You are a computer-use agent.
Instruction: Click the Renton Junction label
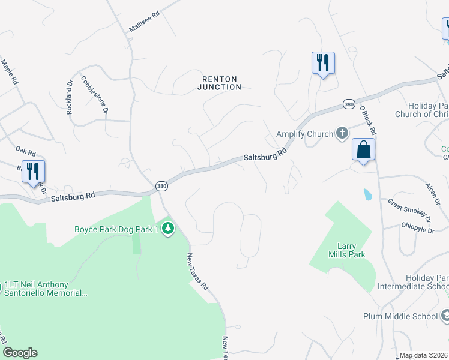click(219, 83)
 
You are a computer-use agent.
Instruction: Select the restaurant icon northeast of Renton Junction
click(323, 62)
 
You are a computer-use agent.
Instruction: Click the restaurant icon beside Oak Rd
click(33, 171)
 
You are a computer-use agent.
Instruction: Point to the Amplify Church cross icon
click(342, 133)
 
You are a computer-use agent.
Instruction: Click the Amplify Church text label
click(304, 134)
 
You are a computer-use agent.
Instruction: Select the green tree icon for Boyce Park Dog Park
click(169, 229)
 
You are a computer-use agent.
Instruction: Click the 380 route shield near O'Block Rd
click(348, 104)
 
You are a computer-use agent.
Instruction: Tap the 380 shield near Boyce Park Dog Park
click(161, 186)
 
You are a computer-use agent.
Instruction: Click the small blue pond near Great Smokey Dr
click(367, 194)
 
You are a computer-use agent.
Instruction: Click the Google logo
click(20, 353)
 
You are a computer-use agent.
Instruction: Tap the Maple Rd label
click(10, 71)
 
